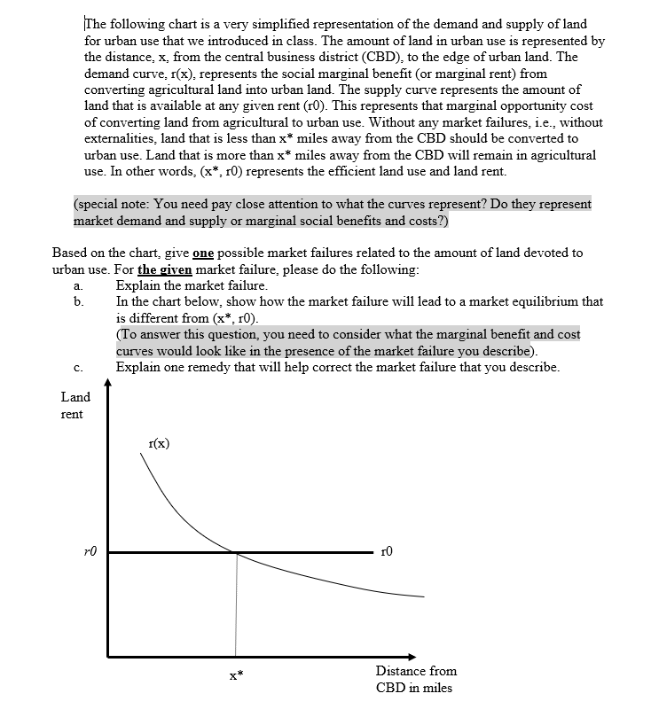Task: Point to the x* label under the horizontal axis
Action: [x=235, y=676]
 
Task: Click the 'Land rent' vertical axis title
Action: [x=75, y=406]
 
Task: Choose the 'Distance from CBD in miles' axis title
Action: [x=415, y=679]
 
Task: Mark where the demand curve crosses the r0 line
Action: [x=236, y=552]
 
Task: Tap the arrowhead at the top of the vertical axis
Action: [x=108, y=384]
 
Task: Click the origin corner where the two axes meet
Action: [x=108, y=656]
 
